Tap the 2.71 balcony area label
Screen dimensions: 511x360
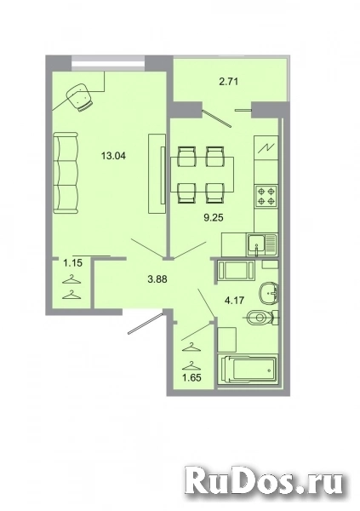click(x=228, y=83)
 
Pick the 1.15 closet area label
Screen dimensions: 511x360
click(x=68, y=263)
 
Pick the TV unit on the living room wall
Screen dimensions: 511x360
click(x=156, y=175)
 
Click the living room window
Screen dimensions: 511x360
click(x=106, y=60)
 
